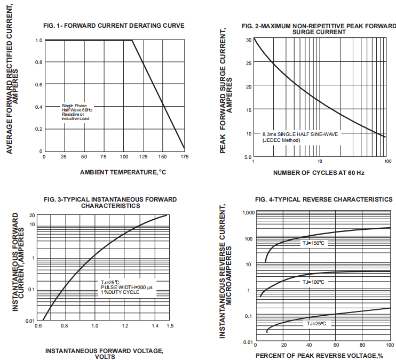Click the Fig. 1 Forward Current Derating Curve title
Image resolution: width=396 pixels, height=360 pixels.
tap(114, 25)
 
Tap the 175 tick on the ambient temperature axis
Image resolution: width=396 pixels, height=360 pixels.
tap(185, 157)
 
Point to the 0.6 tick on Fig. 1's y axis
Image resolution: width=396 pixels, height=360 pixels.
tap(38, 85)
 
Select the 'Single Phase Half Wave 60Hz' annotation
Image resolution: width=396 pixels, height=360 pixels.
tap(77, 108)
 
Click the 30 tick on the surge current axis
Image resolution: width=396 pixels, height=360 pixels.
tap(249, 40)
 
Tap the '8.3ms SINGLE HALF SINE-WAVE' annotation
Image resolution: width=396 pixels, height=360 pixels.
tap(300, 134)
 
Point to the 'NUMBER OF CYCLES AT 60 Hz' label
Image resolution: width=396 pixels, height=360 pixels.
tap(319, 173)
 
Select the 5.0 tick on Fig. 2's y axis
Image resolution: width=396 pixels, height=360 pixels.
tap(248, 157)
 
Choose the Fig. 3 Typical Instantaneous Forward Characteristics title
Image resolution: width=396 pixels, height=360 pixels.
tap(108, 202)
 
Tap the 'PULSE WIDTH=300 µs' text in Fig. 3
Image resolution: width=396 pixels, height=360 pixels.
tap(126, 287)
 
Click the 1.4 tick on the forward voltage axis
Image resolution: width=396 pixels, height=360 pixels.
tap(154, 325)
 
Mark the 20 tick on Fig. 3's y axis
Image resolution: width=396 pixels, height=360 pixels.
tap(31, 215)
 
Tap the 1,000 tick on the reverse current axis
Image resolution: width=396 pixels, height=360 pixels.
tap(248, 212)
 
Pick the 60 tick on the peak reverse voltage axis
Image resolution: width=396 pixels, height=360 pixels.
tap(336, 346)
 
